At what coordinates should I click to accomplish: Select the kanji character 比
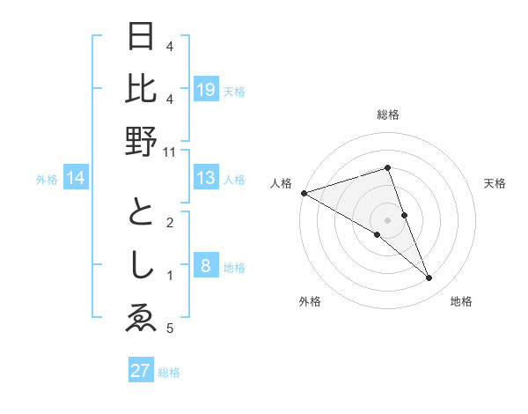pyautogui.click(x=142, y=88)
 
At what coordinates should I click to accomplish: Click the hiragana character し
pyautogui.click(x=142, y=266)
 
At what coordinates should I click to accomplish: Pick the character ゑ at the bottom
pyautogui.click(x=142, y=318)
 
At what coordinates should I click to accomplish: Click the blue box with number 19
pyautogui.click(x=206, y=89)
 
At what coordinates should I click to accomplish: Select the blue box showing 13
pyautogui.click(x=206, y=179)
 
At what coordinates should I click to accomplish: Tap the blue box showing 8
pyautogui.click(x=206, y=267)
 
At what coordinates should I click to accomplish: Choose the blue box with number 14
pyautogui.click(x=77, y=179)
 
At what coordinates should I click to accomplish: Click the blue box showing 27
pyautogui.click(x=140, y=371)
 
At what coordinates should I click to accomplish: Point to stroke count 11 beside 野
pyautogui.click(x=170, y=152)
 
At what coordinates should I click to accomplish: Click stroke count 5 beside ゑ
pyautogui.click(x=170, y=329)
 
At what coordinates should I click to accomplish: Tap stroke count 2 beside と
pyautogui.click(x=170, y=223)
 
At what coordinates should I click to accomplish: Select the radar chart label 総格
pyautogui.click(x=388, y=115)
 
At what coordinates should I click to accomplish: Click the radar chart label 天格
pyautogui.click(x=495, y=183)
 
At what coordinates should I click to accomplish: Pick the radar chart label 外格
pyautogui.click(x=310, y=301)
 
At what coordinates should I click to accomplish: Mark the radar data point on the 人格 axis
pyautogui.click(x=304, y=193)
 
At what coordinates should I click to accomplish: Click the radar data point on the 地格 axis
pyautogui.click(x=429, y=278)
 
